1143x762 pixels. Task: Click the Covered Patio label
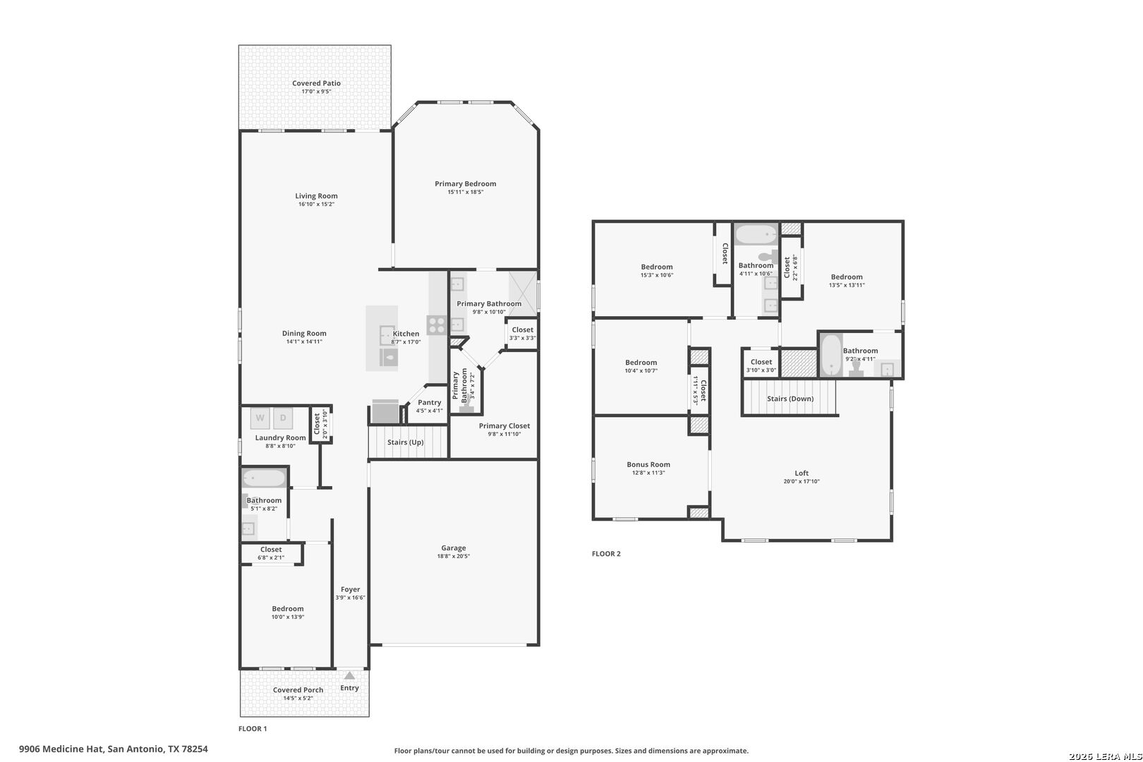[x=316, y=83]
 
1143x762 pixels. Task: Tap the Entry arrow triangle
[x=349, y=675]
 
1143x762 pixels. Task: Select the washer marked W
[x=260, y=418]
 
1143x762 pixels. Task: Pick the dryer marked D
[x=283, y=418]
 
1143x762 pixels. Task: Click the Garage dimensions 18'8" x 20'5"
[x=453, y=556]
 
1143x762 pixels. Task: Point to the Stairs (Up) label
[x=405, y=442]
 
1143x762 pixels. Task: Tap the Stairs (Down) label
[x=790, y=399]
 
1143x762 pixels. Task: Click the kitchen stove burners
[x=436, y=325]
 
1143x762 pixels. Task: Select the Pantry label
[x=429, y=402]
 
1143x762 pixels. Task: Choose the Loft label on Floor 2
[x=802, y=473]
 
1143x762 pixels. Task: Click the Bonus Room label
[x=648, y=464]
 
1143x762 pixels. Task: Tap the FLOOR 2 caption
[x=606, y=554]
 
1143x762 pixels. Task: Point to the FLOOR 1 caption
[x=253, y=729]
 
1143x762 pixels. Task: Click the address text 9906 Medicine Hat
[x=61, y=749]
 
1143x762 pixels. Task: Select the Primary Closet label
[x=504, y=425]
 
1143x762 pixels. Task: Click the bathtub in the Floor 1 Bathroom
[x=264, y=478]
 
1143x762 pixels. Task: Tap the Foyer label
[x=350, y=589]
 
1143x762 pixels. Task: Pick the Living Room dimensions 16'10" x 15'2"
[x=316, y=204]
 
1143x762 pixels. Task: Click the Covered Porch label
[x=298, y=690]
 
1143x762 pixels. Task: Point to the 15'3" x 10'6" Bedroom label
[x=657, y=267]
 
